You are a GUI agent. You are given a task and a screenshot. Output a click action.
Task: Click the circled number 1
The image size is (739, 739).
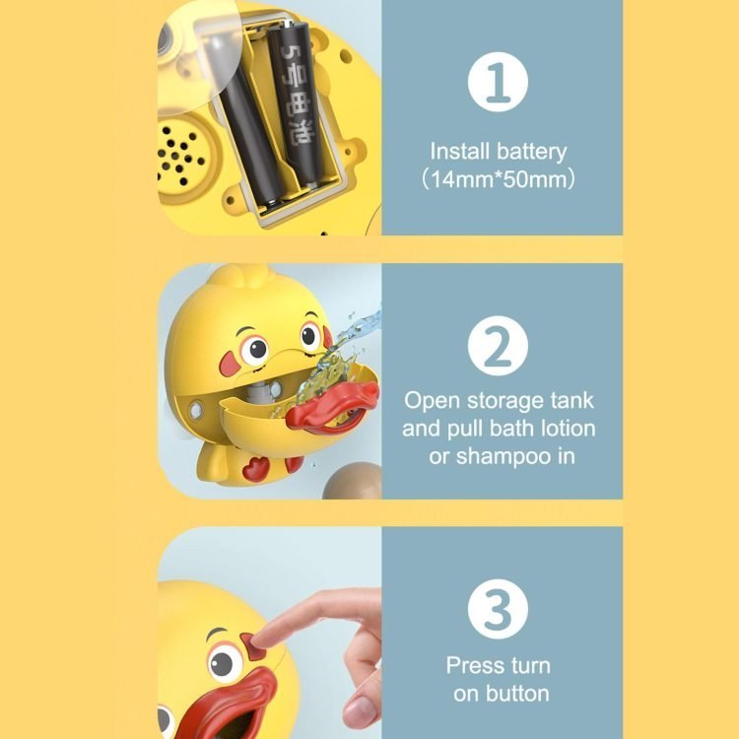[x=498, y=82]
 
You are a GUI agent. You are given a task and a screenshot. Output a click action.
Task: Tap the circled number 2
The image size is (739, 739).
[x=498, y=346]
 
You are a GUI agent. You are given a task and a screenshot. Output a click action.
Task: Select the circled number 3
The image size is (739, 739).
[x=498, y=609]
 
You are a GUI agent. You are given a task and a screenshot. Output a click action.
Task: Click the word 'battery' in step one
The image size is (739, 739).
[x=532, y=152]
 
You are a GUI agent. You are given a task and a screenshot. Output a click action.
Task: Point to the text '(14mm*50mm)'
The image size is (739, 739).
[x=499, y=179]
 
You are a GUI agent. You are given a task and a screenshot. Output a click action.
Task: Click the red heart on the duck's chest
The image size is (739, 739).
[x=256, y=469]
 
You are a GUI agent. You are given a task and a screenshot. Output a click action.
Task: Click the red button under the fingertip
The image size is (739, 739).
[x=253, y=646]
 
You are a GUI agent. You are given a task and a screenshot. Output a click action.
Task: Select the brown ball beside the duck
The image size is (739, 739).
[x=352, y=481]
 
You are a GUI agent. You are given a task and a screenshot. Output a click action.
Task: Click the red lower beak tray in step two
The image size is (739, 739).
[x=331, y=408]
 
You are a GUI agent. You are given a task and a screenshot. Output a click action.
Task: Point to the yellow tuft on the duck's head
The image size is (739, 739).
[x=240, y=276]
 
